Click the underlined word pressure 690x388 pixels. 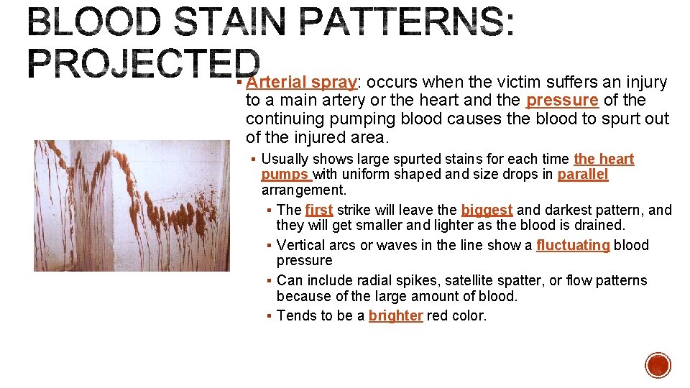tap(562, 101)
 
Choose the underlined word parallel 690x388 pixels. tap(582, 175)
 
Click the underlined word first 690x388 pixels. tap(319, 210)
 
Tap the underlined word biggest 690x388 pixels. tap(487, 210)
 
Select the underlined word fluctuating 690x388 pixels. tap(573, 245)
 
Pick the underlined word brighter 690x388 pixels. tap(395, 315)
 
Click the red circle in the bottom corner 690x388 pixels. tap(658, 365)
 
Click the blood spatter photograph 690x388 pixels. tap(132, 205)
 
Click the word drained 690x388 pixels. tap(600, 225)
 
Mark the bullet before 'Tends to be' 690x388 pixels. tap(268, 316)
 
